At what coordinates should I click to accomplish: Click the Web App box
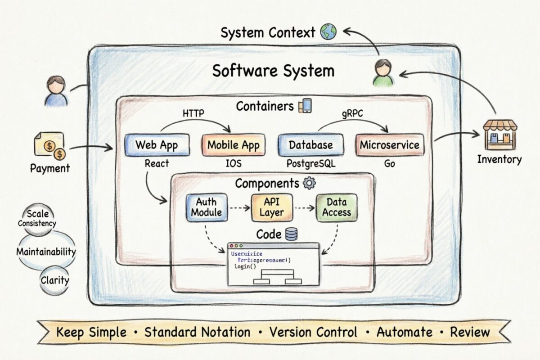tap(156, 145)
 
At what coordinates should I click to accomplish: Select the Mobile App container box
tap(233, 145)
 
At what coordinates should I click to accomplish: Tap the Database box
tap(310, 145)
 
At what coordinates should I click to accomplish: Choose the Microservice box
tap(390, 145)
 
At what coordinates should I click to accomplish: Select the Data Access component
tap(336, 207)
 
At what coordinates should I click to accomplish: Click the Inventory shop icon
tap(499, 135)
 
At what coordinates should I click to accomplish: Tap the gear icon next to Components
tap(310, 183)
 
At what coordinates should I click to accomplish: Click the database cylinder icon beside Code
tap(291, 234)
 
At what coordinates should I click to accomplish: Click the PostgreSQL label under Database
tap(310, 163)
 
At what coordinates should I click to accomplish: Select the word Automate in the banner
tap(404, 332)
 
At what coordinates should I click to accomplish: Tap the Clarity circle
tap(55, 280)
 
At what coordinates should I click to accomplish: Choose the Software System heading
tap(273, 71)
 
